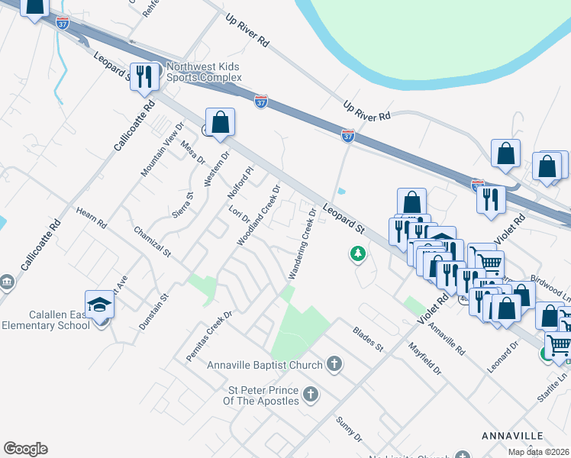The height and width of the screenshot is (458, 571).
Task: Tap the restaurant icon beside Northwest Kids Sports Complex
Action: tap(142, 76)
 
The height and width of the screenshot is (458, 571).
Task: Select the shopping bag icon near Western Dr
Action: tap(220, 122)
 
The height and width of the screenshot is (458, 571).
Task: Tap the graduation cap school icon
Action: tap(99, 305)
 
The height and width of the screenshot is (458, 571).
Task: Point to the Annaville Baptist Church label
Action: tap(265, 365)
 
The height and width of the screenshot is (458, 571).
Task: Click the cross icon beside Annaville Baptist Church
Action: tap(334, 363)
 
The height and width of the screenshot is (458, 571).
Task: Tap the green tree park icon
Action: tap(356, 253)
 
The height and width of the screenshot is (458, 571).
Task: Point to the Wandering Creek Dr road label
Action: tap(302, 250)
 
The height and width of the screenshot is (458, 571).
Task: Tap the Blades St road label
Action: tap(367, 337)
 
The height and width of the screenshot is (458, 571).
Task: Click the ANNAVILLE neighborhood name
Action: tap(512, 435)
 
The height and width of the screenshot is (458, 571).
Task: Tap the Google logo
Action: tap(25, 449)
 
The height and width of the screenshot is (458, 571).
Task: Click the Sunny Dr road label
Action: tap(348, 430)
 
